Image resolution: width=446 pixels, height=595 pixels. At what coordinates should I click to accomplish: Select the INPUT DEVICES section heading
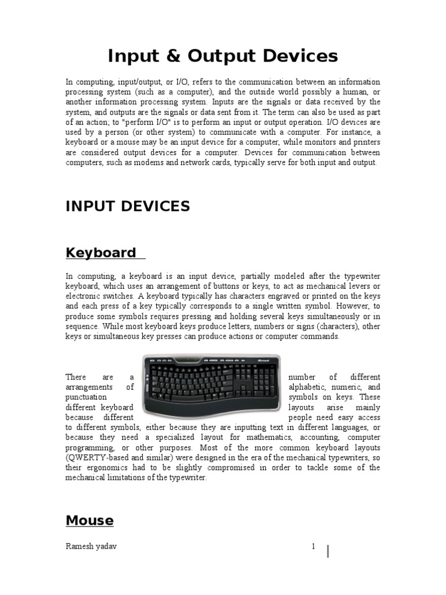127,206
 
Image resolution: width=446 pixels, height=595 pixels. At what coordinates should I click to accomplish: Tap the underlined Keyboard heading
100,253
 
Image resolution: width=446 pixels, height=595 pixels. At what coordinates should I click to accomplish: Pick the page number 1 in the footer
313,547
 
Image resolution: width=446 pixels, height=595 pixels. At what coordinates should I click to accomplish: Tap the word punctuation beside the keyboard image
86,397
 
